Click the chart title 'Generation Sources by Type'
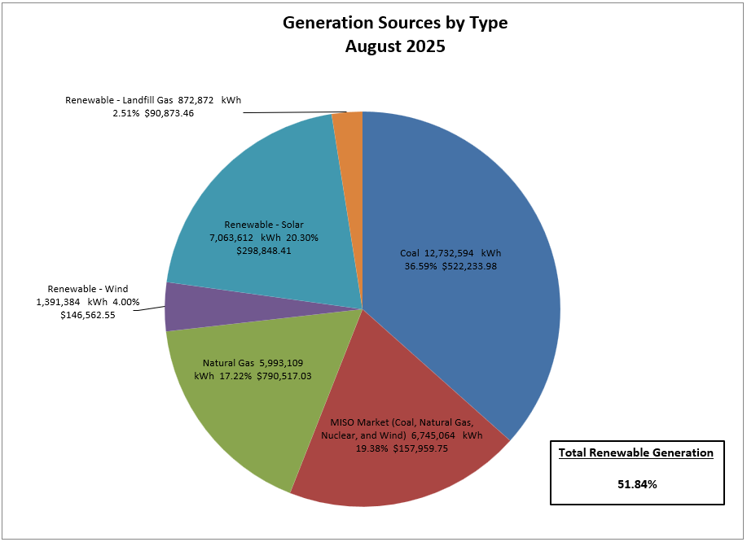[395, 23]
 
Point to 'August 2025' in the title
[395, 46]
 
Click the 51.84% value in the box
[637, 484]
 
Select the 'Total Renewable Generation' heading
[636, 452]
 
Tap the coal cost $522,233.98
[480, 265]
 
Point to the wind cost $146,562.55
[88, 315]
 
